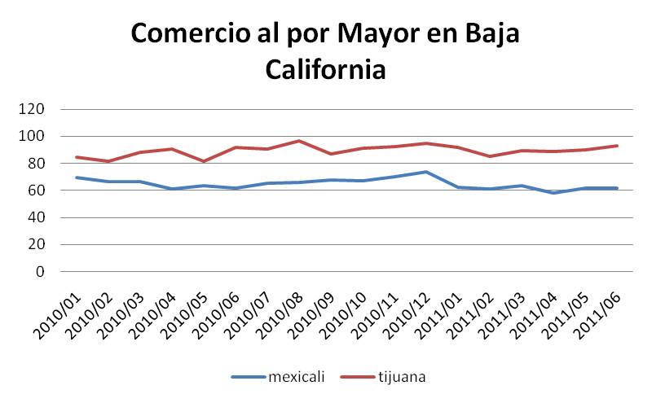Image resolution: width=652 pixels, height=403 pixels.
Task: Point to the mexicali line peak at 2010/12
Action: (426, 172)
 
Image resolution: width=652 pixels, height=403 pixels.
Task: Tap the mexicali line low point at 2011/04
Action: (553, 193)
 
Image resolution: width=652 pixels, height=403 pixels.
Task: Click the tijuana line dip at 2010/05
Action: (204, 161)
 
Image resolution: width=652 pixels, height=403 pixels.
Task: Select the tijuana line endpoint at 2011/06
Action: (617, 146)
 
